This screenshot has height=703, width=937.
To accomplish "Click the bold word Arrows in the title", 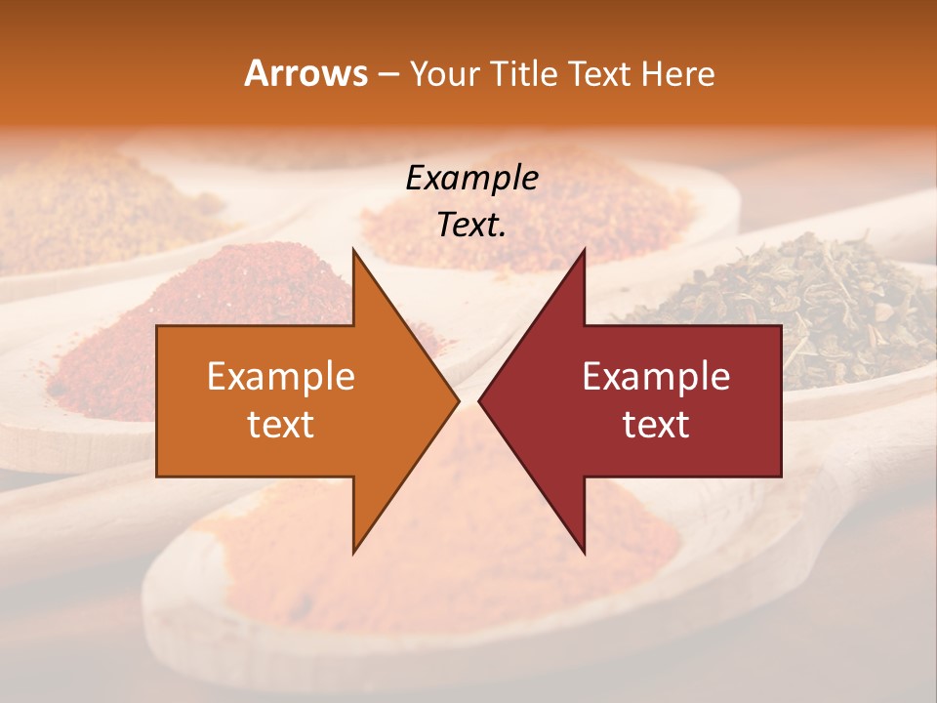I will coord(306,73).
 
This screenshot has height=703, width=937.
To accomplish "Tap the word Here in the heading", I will coord(678,73).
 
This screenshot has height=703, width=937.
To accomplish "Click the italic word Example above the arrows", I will coord(471,179).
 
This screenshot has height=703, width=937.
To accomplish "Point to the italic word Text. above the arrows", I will coord(471,225).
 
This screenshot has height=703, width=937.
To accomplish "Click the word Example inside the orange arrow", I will coord(281,377).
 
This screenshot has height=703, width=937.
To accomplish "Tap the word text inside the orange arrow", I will coord(281,425).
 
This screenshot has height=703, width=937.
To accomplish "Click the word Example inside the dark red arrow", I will coord(656,377).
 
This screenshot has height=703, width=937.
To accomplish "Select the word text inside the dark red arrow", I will coord(656,425).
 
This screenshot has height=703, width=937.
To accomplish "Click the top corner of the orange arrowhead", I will coord(353,250).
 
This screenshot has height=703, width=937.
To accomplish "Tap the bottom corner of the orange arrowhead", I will coord(353,552).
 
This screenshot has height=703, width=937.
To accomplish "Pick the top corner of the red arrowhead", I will coord(584,250).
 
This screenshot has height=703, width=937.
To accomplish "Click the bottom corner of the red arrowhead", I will coord(584,552).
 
